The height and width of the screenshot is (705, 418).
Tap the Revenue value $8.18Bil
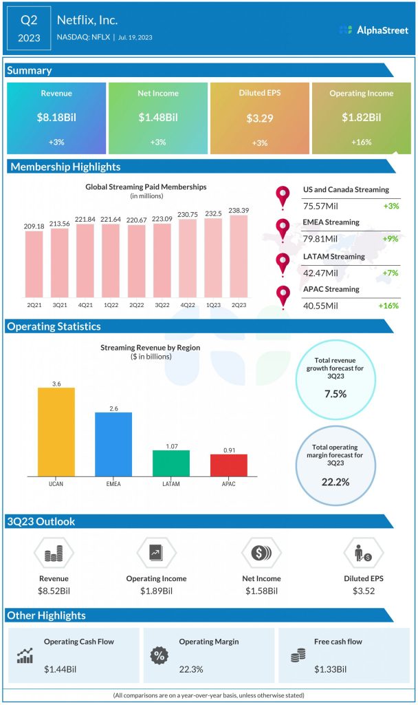coord(56,118)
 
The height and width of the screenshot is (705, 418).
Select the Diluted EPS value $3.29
coord(260,118)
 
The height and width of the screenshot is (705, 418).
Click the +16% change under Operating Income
coord(361,142)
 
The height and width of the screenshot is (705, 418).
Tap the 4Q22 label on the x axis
coord(188,304)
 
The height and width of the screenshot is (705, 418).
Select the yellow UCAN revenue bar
coord(56,432)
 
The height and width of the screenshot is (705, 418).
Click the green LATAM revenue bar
coord(170,463)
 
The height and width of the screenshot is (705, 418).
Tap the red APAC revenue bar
coord(228,465)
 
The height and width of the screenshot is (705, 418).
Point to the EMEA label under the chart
coord(113,484)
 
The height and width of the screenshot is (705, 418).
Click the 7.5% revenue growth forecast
coord(335,394)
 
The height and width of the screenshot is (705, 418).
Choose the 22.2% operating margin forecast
coord(335,481)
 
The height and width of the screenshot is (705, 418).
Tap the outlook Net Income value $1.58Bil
coord(261,591)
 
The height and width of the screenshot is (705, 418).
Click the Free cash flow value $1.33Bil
coord(331,669)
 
